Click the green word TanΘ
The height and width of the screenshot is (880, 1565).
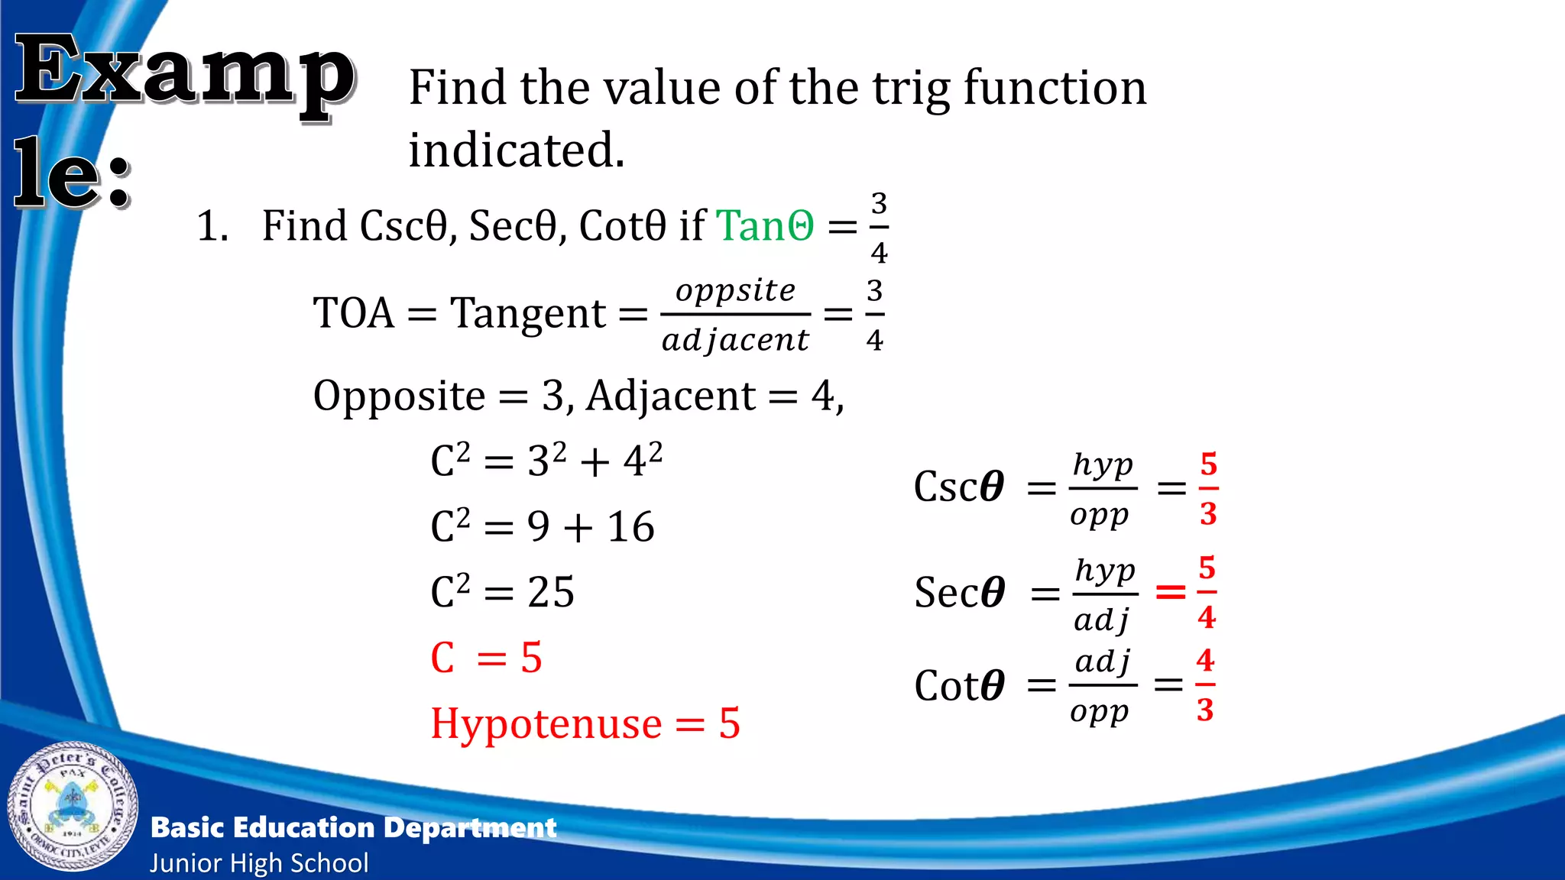(x=765, y=226)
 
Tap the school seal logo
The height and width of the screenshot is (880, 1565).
(x=73, y=807)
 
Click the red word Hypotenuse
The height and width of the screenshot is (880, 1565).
(x=546, y=723)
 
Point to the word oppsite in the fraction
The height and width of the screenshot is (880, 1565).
(x=735, y=291)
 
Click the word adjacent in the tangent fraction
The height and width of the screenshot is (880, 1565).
(x=735, y=340)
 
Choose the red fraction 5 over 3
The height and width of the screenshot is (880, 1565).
(x=1208, y=489)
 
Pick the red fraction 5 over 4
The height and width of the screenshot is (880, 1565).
(x=1207, y=592)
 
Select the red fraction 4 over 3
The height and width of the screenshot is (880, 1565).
(x=1205, y=684)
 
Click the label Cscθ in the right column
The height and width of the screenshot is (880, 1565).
(x=959, y=487)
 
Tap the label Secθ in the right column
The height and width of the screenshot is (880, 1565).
(x=960, y=593)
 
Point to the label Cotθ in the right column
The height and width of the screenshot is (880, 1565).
(x=959, y=685)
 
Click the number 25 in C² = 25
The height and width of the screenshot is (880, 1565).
(x=550, y=592)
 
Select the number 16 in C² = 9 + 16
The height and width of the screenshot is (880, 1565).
(x=630, y=527)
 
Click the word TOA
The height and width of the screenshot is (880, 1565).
(x=354, y=313)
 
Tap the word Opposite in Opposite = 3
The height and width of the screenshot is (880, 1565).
(x=399, y=396)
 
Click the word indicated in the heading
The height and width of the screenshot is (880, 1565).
(x=517, y=150)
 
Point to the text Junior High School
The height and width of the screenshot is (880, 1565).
(x=259, y=863)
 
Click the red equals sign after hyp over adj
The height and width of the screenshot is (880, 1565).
(x=1170, y=591)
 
